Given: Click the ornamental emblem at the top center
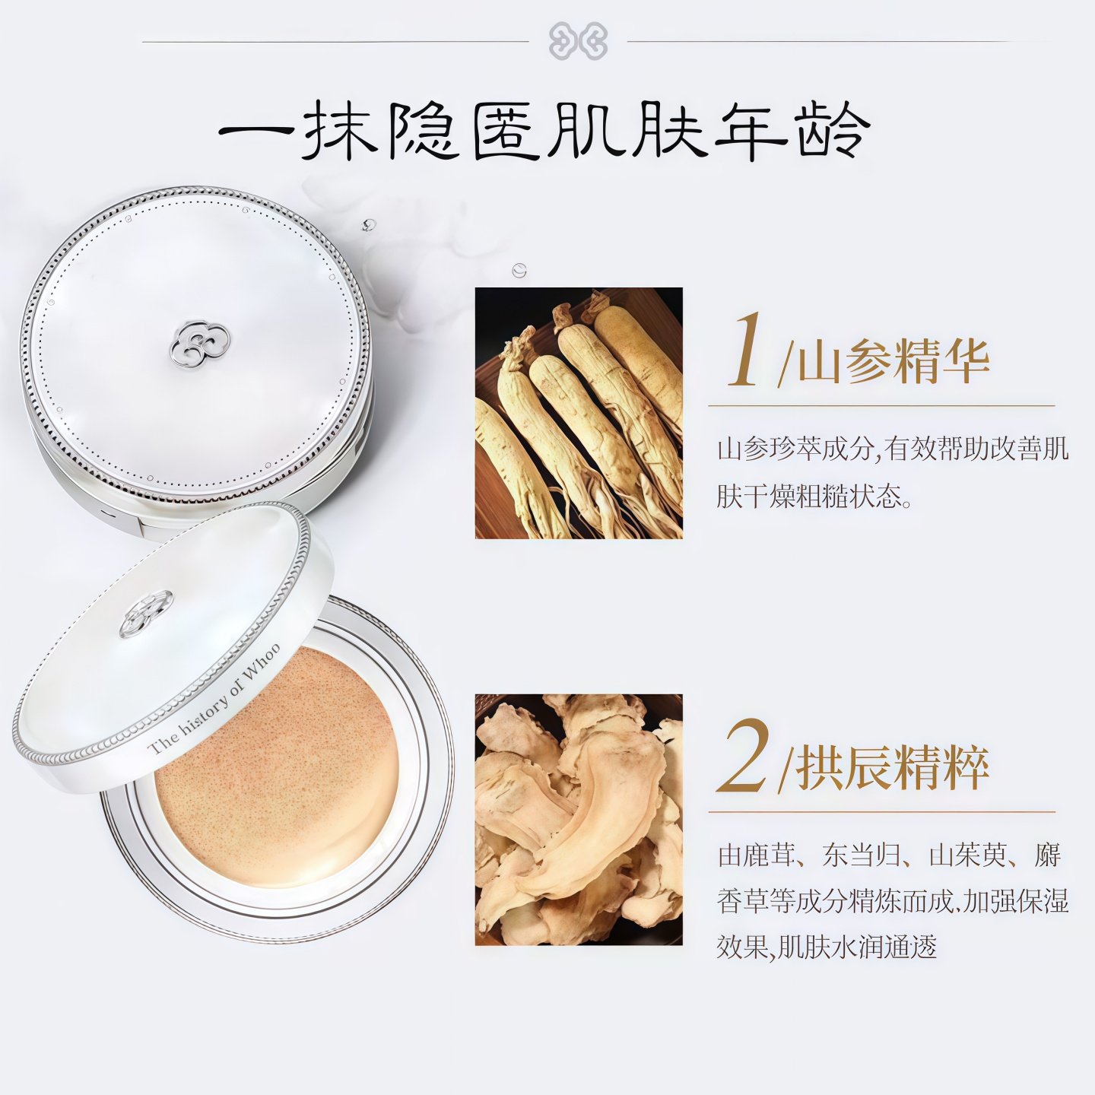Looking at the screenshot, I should click(578, 41).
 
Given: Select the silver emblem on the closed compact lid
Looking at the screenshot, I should click(198, 344).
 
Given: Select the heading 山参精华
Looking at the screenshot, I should click(893, 360).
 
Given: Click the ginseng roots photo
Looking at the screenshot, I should click(579, 413).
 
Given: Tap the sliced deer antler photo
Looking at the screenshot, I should click(579, 820).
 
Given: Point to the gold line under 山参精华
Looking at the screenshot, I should click(881, 406).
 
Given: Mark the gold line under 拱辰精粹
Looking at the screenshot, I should click(881, 812).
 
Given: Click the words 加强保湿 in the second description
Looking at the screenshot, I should click(1016, 902).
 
